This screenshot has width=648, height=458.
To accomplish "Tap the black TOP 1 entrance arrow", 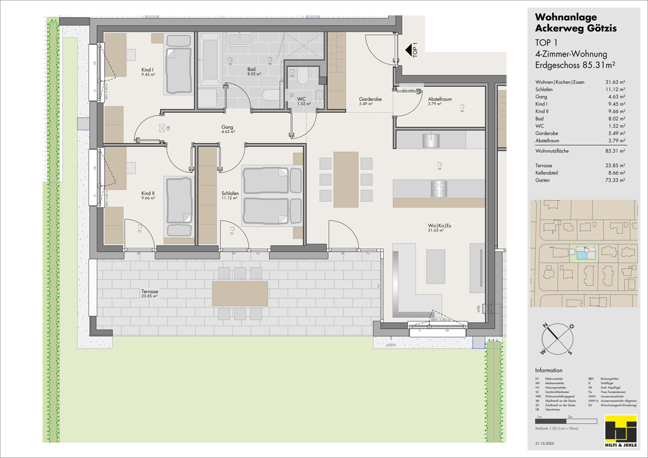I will (409, 50).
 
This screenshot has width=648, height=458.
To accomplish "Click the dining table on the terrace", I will (239, 293).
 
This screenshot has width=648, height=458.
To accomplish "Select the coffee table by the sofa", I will (435, 266).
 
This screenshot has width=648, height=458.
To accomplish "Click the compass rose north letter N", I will (545, 325).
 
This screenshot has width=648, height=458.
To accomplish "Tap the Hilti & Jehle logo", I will (621, 432).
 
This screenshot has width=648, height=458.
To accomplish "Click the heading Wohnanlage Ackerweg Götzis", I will (575, 23).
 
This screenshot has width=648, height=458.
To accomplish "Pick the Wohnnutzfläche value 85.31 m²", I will (615, 151).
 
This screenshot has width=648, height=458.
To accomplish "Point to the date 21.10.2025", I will (545, 444).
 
